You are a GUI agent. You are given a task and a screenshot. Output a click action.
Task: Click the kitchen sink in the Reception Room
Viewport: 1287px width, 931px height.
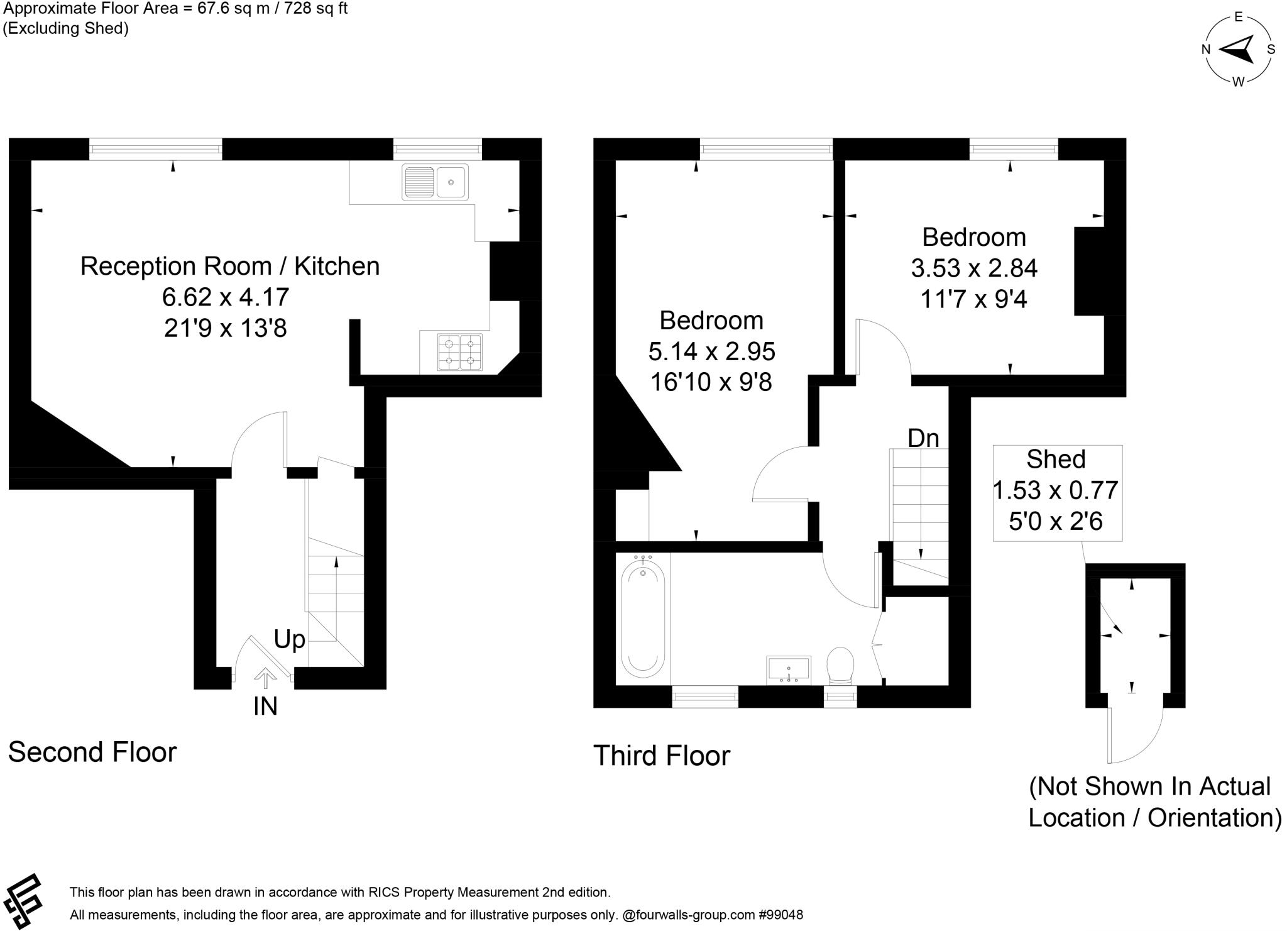[435, 182]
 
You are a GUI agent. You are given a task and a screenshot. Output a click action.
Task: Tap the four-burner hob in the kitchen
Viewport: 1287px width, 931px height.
[460, 352]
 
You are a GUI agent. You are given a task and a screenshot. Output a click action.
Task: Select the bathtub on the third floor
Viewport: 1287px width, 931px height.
[642, 619]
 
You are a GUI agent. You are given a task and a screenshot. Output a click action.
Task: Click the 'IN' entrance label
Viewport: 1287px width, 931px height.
[265, 707]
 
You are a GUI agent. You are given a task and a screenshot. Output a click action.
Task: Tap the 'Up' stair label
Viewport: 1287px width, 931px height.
[290, 639]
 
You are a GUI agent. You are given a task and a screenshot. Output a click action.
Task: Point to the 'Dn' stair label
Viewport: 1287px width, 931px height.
[923, 438]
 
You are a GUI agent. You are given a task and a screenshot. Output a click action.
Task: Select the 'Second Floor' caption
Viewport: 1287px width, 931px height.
[92, 752]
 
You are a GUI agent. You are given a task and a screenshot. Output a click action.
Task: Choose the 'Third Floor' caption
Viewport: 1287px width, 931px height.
[662, 756]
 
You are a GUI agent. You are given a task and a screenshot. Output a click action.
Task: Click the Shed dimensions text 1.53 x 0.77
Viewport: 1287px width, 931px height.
[1055, 490]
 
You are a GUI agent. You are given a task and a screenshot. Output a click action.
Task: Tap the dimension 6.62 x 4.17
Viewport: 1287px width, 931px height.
[226, 296]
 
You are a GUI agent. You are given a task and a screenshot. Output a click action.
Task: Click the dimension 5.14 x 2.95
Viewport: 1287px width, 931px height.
[711, 351]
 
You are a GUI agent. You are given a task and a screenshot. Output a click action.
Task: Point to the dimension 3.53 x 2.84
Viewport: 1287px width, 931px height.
[974, 268]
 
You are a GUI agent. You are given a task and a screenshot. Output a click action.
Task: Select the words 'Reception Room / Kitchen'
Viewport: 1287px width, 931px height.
[230, 266]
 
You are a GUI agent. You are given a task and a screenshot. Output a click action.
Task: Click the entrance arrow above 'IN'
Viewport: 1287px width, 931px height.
[265, 677]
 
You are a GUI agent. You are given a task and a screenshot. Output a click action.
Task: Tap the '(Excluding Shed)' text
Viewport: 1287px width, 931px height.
[66, 28]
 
